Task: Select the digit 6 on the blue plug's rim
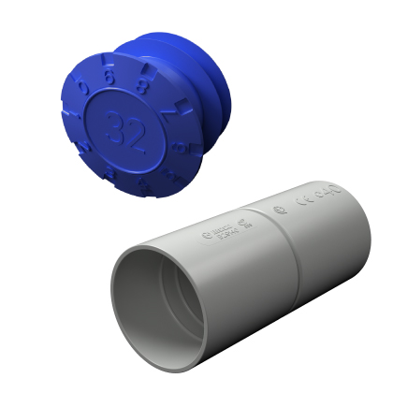(x=110, y=79)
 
